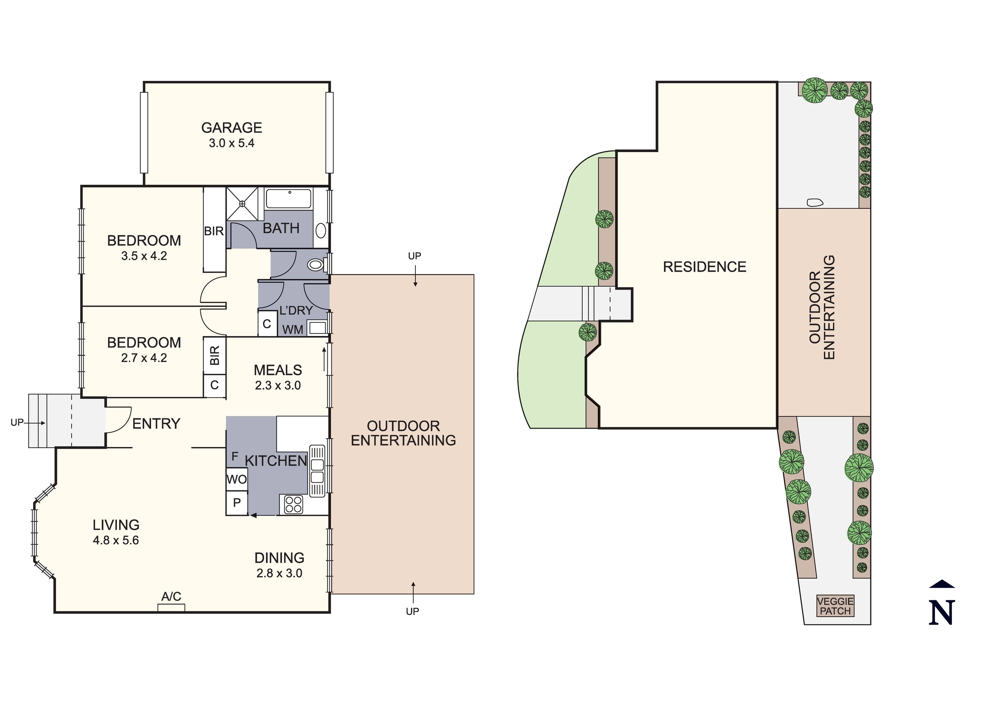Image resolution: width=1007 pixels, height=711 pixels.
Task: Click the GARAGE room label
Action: click(x=231, y=128)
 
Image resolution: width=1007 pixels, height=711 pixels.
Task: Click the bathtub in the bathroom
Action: click(x=289, y=199)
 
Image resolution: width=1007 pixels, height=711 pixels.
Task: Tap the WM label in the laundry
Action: click(x=293, y=330)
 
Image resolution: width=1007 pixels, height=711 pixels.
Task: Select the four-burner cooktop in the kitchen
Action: click(x=293, y=504)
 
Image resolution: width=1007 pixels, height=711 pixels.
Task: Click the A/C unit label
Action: click(x=171, y=597)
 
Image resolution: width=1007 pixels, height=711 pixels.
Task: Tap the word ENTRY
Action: click(x=156, y=424)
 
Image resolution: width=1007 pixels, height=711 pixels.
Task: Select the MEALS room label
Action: click(x=278, y=370)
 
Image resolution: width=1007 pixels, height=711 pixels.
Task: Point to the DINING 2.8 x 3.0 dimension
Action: click(x=279, y=573)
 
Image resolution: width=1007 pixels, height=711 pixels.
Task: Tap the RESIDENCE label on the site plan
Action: click(x=704, y=267)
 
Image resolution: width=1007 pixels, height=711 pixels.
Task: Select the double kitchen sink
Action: click(x=317, y=471)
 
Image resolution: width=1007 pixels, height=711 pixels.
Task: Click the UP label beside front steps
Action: click(x=17, y=423)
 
